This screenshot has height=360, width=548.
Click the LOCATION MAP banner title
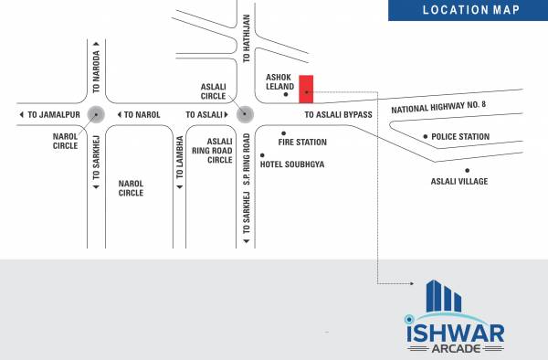tap(471, 10)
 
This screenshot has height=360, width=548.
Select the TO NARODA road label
tap(97, 70)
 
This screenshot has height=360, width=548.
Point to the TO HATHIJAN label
tap(246, 38)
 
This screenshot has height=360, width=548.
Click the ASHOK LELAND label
tap(278, 85)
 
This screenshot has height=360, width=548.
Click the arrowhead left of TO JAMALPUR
tap(21, 114)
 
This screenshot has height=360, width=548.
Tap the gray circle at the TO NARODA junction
tap(97, 114)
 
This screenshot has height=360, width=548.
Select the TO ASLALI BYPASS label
tap(339, 114)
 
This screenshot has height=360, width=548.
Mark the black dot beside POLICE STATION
tap(425, 137)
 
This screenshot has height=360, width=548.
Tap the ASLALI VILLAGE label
tap(458, 181)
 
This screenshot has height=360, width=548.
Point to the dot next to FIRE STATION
tap(269, 143)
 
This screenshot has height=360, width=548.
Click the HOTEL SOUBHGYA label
tap(292, 164)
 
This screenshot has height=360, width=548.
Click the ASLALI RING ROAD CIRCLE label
tap(220, 150)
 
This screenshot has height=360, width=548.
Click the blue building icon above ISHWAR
tap(444, 297)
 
